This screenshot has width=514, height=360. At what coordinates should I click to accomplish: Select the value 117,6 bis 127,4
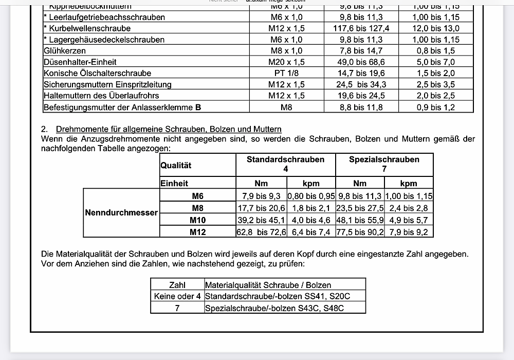tap(361, 28)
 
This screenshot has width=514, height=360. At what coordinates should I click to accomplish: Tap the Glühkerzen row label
tap(65, 51)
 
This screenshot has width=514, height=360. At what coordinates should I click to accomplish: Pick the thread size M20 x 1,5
tap(286, 62)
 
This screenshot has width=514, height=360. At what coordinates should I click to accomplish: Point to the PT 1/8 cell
tap(286, 74)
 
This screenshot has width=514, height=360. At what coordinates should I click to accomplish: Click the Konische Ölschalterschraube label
tap(98, 74)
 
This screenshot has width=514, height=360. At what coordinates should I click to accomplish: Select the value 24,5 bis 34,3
tap(361, 85)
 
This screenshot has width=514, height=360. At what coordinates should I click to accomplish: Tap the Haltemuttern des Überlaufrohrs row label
tap(101, 96)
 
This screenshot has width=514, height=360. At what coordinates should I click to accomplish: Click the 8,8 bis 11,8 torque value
tap(361, 107)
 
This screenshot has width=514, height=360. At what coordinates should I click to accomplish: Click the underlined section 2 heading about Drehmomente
tap(169, 129)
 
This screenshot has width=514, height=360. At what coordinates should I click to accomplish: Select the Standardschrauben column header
tap(285, 159)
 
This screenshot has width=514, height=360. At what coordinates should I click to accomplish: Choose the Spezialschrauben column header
tap(384, 159)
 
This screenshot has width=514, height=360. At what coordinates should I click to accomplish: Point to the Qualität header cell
tap(176, 165)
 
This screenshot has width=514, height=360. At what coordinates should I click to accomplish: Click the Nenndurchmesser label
tap(121, 212)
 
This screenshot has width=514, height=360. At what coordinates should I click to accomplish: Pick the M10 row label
tap(197, 220)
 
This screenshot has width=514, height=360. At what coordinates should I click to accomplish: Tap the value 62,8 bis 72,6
tap(261, 232)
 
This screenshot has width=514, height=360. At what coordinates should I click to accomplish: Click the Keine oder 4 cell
tap(177, 296)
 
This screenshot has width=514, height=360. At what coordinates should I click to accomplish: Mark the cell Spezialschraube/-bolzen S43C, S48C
tap(274, 308)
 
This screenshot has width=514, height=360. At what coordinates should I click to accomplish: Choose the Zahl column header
tap(177, 285)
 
